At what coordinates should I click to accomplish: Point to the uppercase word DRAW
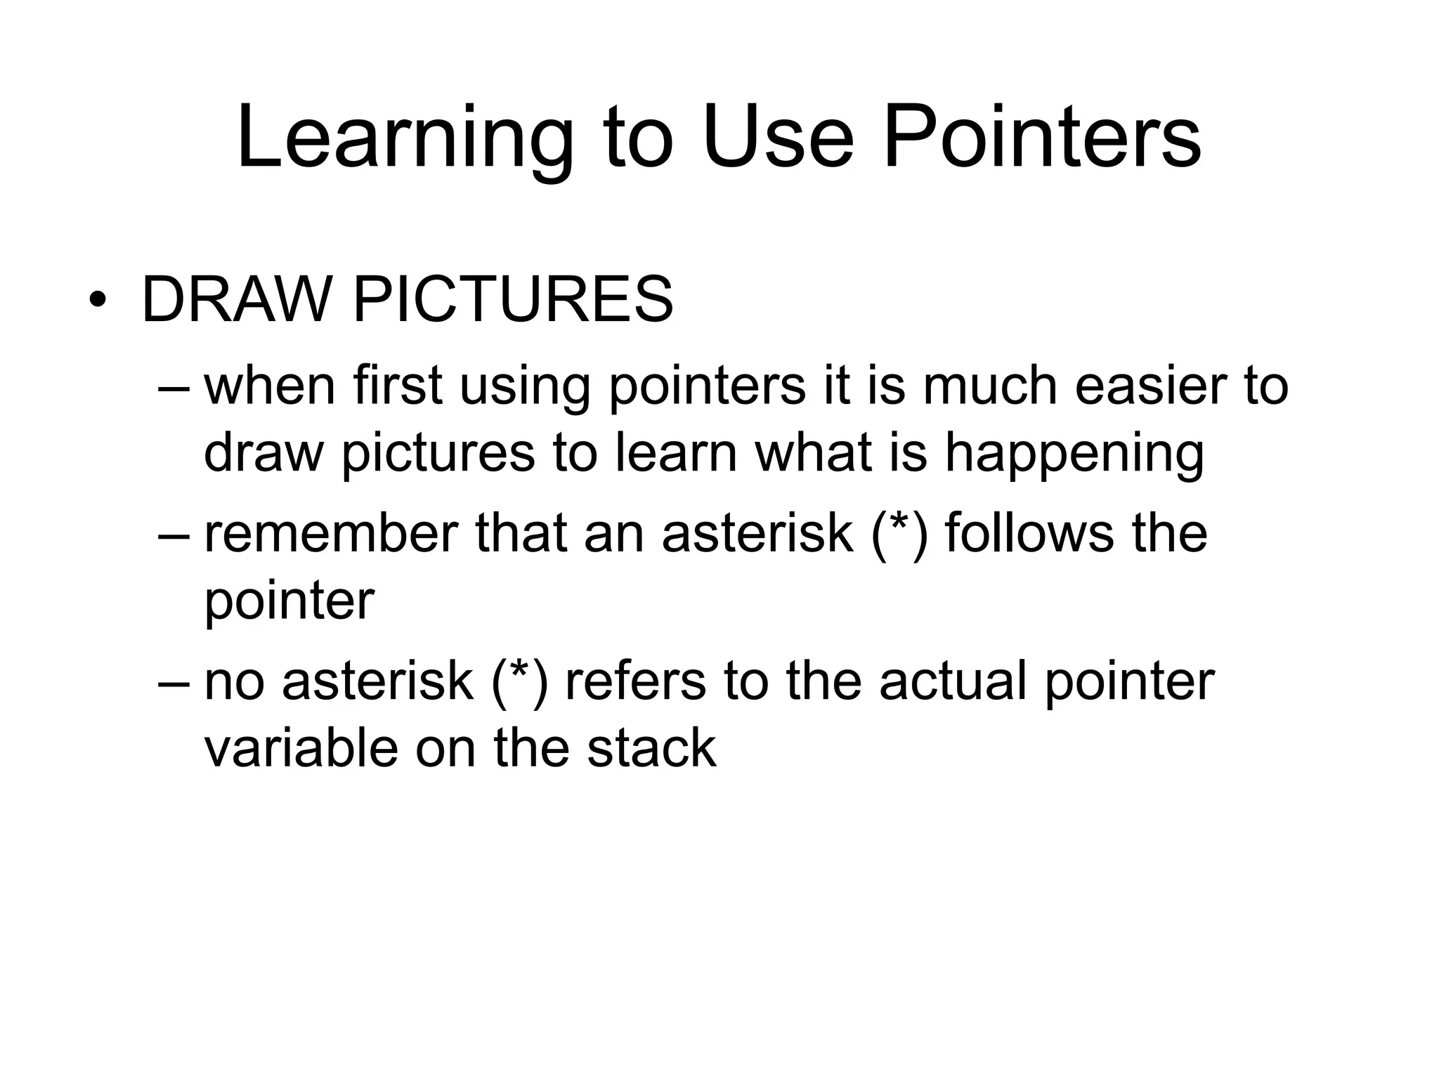tap(236, 301)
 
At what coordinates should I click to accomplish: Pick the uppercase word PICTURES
tap(513, 301)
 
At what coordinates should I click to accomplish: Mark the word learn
tap(677, 452)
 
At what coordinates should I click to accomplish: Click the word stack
tap(651, 747)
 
